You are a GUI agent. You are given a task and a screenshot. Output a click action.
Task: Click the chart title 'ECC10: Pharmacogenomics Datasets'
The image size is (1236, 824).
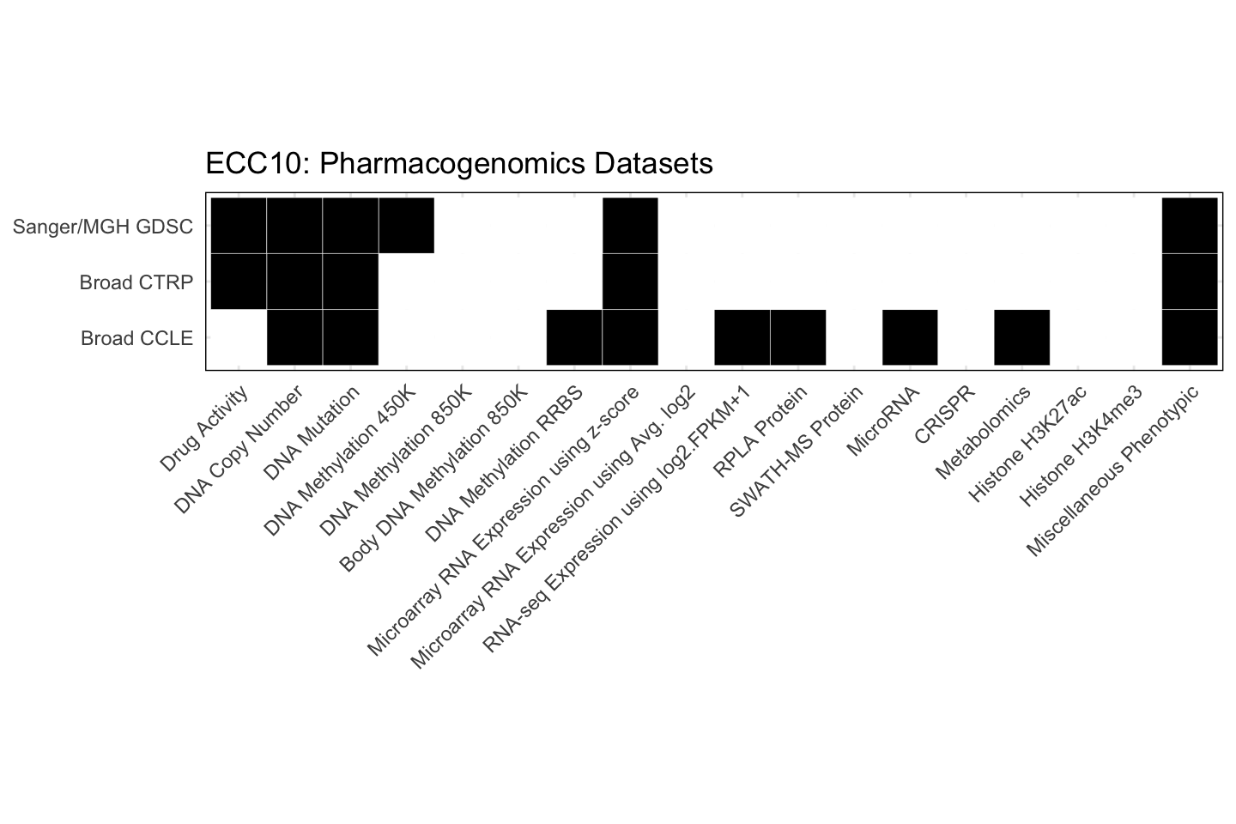coord(459,163)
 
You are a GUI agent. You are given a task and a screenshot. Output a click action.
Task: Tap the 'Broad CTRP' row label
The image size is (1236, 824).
coord(136,282)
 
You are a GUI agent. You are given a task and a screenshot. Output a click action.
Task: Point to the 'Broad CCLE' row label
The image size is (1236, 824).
coord(136,338)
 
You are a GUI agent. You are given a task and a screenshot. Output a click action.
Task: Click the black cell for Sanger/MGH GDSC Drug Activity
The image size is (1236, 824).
coord(239,225)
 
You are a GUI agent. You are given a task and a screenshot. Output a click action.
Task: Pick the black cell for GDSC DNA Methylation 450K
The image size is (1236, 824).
coord(406,225)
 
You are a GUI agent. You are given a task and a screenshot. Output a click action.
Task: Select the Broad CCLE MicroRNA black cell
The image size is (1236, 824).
coord(910,337)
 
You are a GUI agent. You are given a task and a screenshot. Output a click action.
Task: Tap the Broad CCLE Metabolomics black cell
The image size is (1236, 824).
coord(1021,337)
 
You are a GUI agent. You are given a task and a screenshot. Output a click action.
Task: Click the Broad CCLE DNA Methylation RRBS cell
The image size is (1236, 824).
coord(574,337)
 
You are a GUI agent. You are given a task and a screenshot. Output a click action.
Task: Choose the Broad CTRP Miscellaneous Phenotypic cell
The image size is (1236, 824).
coord(1189,282)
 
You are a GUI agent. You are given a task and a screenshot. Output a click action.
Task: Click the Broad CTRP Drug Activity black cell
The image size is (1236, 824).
coord(239,282)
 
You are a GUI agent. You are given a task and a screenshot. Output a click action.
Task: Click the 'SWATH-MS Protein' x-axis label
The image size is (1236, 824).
coord(796,452)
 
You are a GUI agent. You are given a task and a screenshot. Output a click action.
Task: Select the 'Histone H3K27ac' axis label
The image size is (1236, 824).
coord(1027,444)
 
